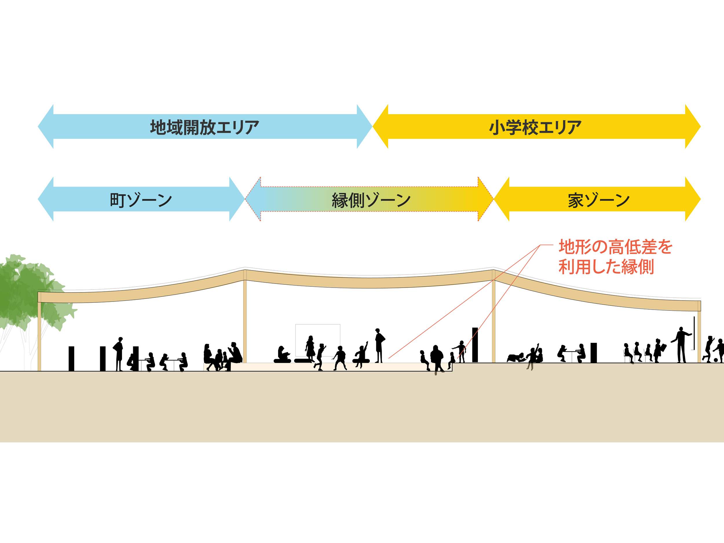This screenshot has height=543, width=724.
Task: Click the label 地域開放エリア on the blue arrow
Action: (x=204, y=127)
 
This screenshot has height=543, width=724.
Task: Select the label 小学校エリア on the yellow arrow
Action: (x=535, y=127)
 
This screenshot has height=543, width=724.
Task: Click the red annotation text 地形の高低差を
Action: (x=615, y=247)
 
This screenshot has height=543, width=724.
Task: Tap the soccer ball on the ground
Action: (x=716, y=360)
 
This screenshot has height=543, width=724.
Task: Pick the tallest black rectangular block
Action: (x=475, y=344)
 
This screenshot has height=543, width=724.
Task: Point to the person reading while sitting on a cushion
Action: (x=282, y=354)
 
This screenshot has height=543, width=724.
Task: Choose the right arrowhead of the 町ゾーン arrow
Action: (x=237, y=199)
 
